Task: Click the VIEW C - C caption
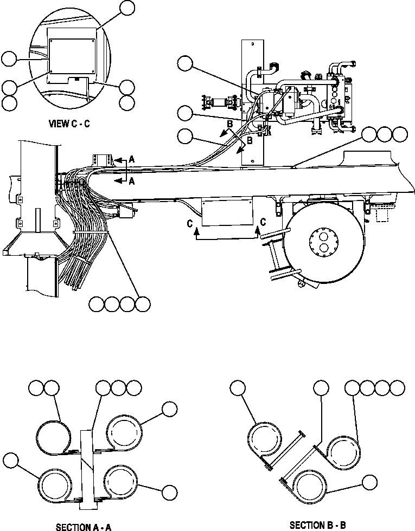pyautogui.click(x=69, y=124)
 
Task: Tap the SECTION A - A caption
pyautogui.click(x=84, y=526)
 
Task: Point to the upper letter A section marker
pyautogui.click(x=131, y=159)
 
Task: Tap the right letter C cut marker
pyautogui.click(x=263, y=222)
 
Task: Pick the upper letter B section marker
pyautogui.click(x=229, y=124)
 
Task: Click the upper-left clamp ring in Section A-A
pyautogui.click(x=53, y=435)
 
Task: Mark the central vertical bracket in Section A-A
pyautogui.click(x=87, y=469)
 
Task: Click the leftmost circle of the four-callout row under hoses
pyautogui.click(x=98, y=305)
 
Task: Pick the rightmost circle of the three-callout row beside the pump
pyautogui.click(x=400, y=134)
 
